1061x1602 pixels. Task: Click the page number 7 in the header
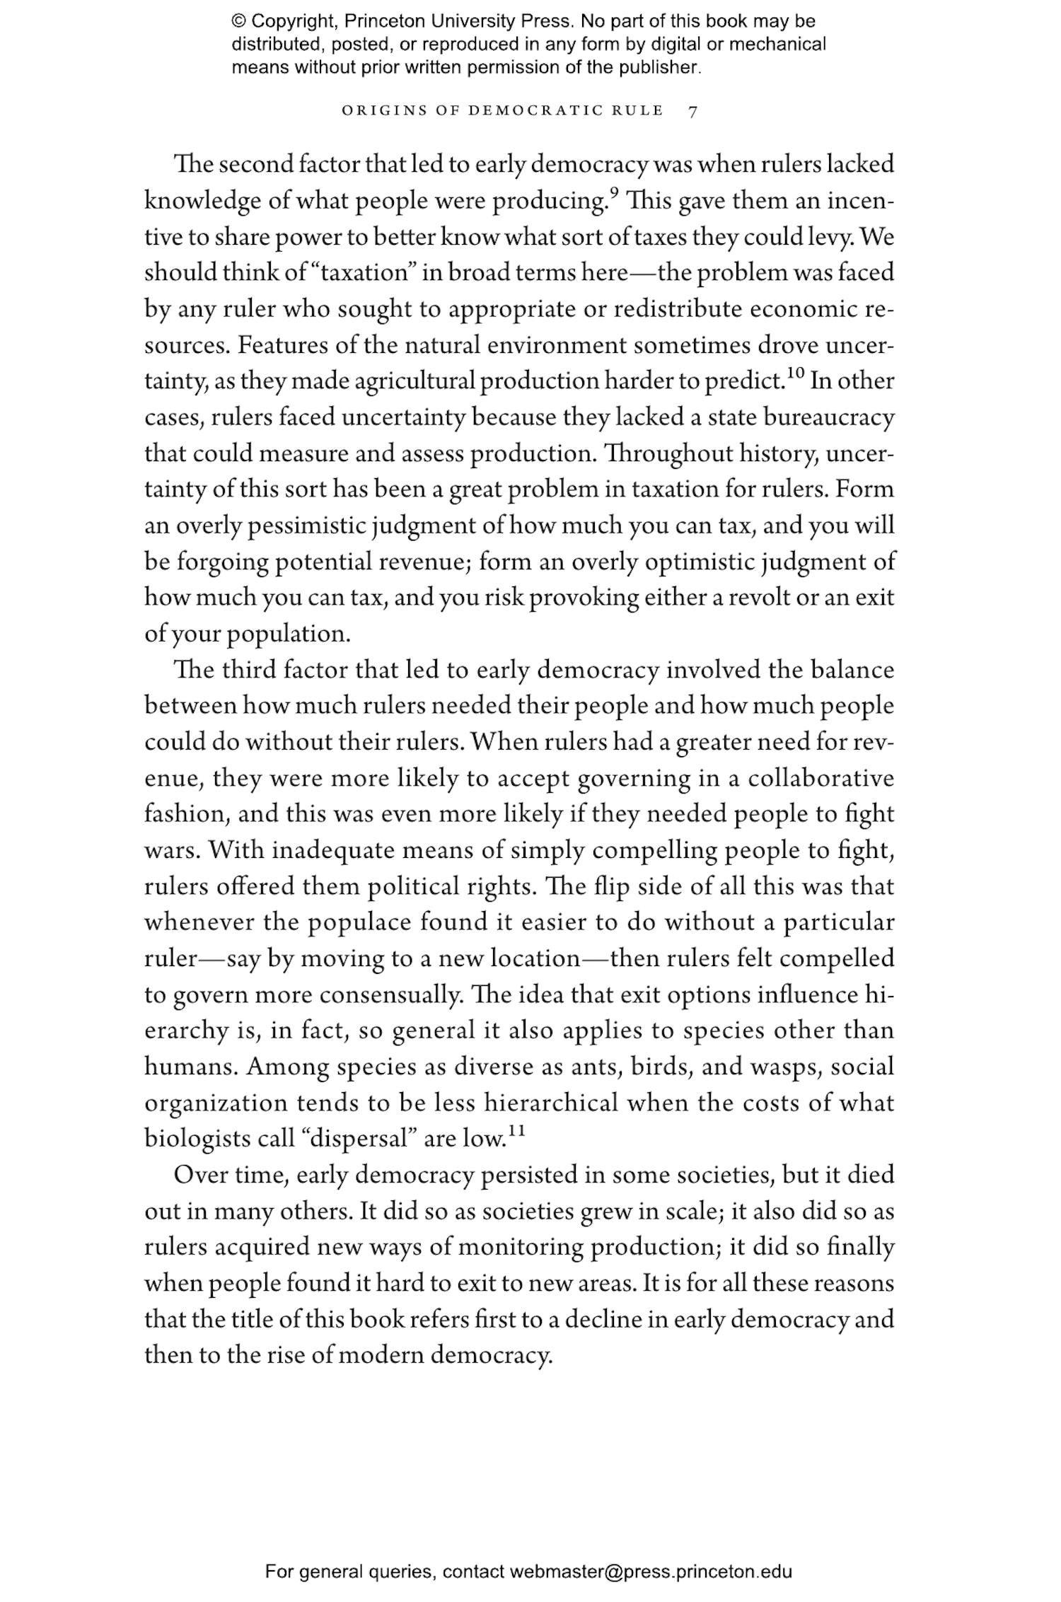[x=692, y=111]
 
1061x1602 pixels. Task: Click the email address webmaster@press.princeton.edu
[x=650, y=1572]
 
